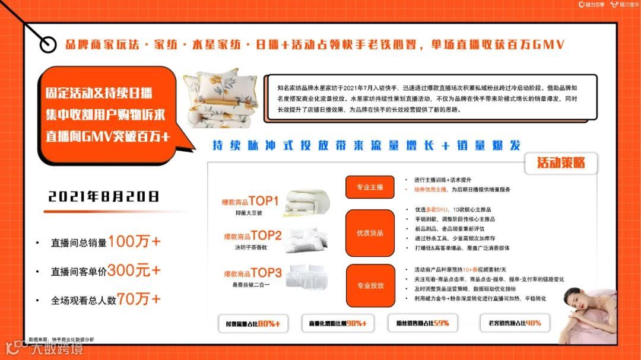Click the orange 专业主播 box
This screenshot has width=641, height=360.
[x=370, y=187]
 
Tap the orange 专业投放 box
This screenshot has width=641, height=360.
[x=370, y=285]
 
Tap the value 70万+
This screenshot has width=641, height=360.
[x=138, y=299]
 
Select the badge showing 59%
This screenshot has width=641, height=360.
[x=423, y=324]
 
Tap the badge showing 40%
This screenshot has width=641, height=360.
[x=514, y=323]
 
